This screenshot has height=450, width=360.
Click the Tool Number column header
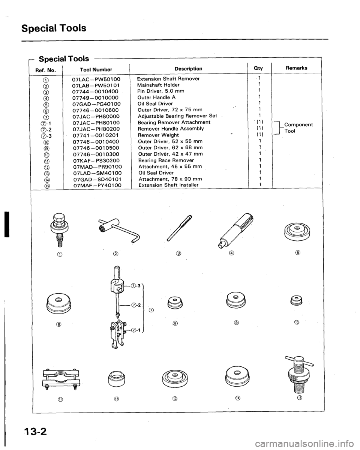coord(91,69)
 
